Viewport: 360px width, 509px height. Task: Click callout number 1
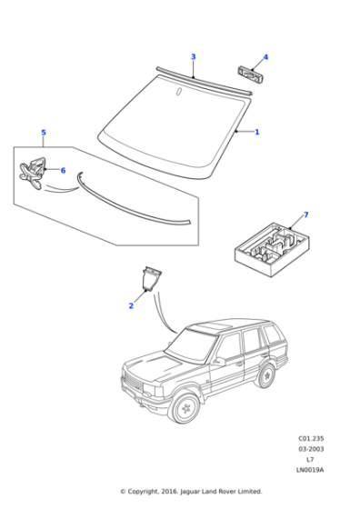pos(256,132)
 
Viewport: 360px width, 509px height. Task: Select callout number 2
pos(131,306)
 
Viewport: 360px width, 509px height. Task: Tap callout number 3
pos(193,57)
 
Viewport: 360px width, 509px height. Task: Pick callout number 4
pos(265,57)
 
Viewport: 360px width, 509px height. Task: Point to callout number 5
pos(43,133)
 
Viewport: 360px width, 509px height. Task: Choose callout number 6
pos(63,170)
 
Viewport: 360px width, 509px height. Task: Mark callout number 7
pos(305,215)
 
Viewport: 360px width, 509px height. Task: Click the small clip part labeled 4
pos(248,73)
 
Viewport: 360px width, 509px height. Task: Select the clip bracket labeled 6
pos(34,172)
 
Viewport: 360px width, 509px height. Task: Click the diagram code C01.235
pos(310,437)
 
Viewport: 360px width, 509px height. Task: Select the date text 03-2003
pos(310,448)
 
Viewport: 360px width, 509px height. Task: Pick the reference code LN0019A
pos(310,470)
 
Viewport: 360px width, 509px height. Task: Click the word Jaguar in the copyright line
pos(192,492)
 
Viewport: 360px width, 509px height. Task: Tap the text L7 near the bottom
pos(310,459)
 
